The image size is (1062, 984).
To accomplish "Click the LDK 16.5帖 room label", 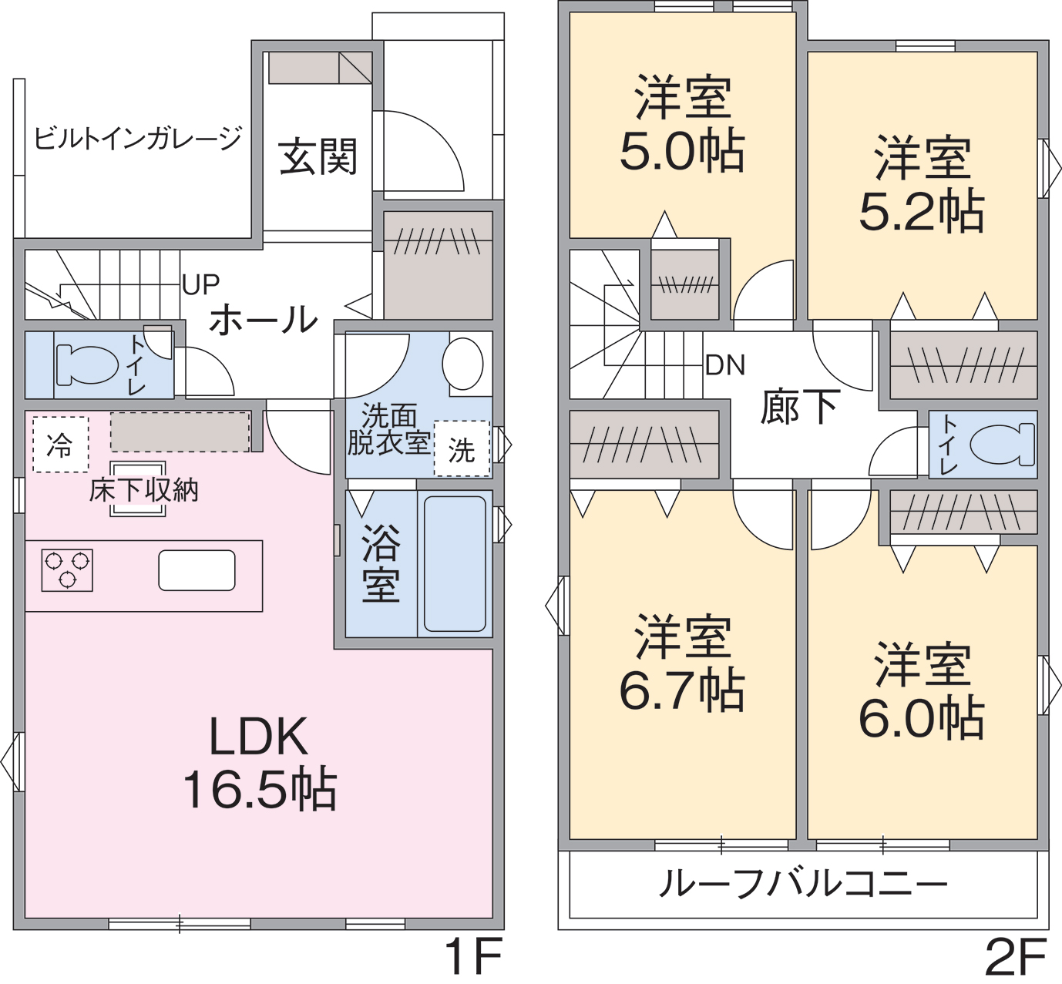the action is coord(260,763).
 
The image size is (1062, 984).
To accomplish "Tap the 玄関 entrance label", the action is coord(318,156).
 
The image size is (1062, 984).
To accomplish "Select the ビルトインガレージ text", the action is coord(138,139).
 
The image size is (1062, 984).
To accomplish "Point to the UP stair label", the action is coord(200,284).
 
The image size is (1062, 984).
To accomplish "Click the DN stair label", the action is coord(725,365).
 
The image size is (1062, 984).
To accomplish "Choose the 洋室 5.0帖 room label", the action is coord(682,124).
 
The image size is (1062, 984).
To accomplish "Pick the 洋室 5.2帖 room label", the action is coord(922,184).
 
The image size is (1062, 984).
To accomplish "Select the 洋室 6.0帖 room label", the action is coord(922,690).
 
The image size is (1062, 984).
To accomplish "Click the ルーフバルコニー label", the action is coord(803,884).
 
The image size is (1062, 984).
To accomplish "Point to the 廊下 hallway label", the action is coord(799,407).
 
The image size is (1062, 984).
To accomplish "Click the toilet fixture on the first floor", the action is coord(87,364).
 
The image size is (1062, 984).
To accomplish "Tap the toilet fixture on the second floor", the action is coord(1002,444).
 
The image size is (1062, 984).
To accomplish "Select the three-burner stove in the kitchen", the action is coord(67,570).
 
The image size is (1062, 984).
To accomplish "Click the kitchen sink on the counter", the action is coord(197,570).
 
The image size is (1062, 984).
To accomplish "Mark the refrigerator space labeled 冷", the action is coord(60,445).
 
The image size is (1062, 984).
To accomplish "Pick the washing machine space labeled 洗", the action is coord(462,448).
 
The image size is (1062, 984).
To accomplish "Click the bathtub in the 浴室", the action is coord(455,563).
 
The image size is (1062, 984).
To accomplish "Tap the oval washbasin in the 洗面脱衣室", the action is coord(463,364).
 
